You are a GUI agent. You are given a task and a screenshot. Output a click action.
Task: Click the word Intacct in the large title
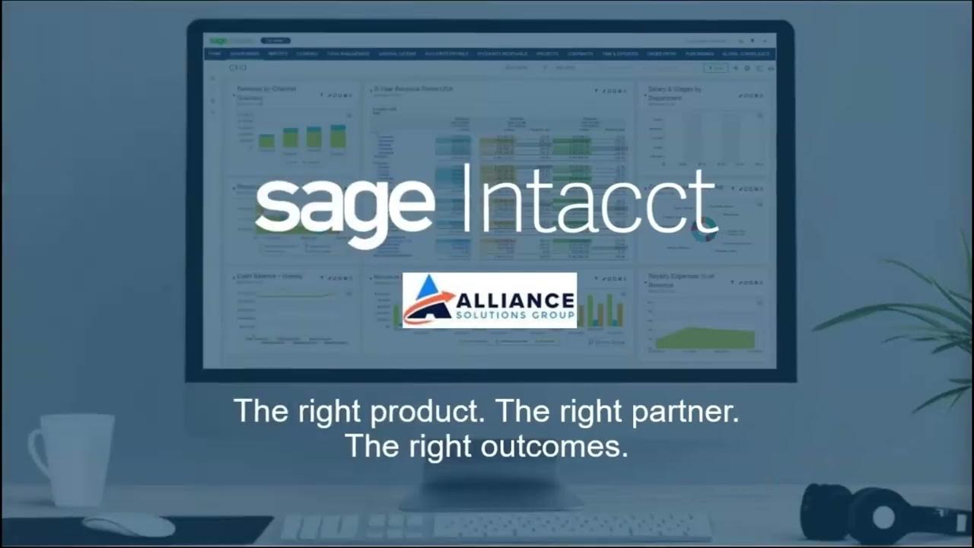[x=590, y=199]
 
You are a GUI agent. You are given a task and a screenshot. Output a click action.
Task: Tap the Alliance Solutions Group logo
[x=489, y=300]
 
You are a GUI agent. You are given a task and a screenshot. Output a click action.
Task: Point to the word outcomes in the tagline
[x=562, y=445]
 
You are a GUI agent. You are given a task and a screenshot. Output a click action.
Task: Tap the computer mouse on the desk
[x=129, y=524]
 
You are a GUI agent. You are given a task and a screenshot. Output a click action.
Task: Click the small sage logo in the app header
[x=220, y=40]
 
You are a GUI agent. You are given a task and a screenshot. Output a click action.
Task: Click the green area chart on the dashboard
[x=705, y=338]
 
